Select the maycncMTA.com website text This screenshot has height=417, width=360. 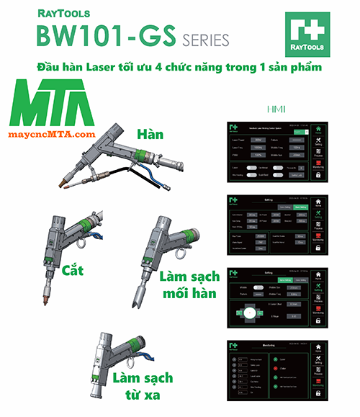[x=53, y=135]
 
